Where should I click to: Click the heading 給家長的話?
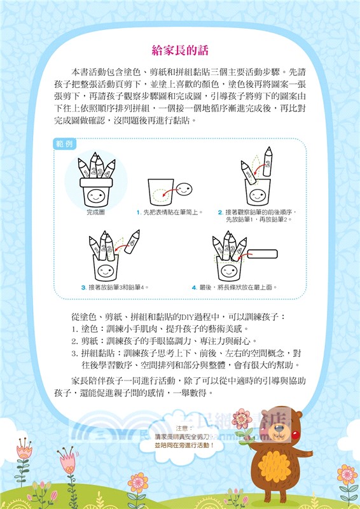tap(181, 50)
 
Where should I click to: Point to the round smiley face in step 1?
tap(184, 188)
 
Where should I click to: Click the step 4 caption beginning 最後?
tap(235, 288)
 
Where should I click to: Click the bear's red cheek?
tap(294, 435)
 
